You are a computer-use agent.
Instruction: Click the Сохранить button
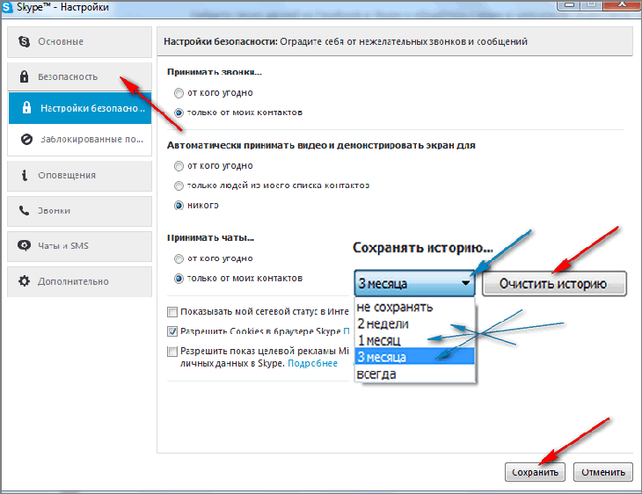point(535,472)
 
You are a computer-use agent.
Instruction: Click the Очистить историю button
point(554,283)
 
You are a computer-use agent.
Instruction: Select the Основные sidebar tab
point(79,41)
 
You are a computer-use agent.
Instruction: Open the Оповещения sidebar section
point(79,176)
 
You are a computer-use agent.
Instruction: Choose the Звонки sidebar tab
point(79,211)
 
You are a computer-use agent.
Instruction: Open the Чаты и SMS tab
point(79,246)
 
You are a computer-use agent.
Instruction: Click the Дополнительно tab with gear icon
point(79,281)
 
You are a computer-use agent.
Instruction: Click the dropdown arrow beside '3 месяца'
point(465,283)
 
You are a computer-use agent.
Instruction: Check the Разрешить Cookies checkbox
point(172,331)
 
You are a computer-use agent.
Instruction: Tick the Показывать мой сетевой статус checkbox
point(172,312)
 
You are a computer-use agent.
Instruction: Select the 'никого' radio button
point(179,205)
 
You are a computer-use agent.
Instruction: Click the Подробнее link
point(313,363)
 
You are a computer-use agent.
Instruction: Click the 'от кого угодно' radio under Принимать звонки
point(179,93)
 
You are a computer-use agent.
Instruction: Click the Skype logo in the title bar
point(7,7)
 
